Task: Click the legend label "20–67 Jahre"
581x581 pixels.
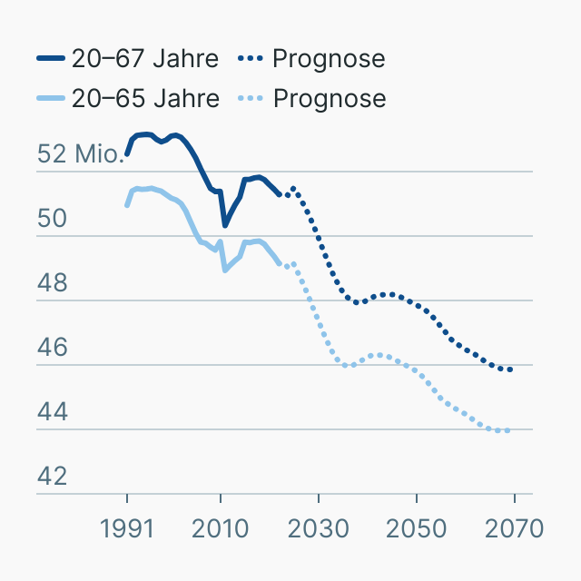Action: pyautogui.click(x=145, y=59)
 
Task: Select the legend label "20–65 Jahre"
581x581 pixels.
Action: pyautogui.click(x=145, y=98)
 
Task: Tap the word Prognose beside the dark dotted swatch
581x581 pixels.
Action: pyautogui.click(x=329, y=59)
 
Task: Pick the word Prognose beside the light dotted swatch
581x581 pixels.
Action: pyautogui.click(x=329, y=98)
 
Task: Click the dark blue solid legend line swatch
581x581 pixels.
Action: pyautogui.click(x=51, y=59)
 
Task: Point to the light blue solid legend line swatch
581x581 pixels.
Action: pyautogui.click(x=51, y=98)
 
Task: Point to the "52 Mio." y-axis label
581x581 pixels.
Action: pyautogui.click(x=80, y=154)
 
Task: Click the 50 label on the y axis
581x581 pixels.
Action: pyautogui.click(x=53, y=219)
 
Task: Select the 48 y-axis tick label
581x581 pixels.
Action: pyautogui.click(x=53, y=283)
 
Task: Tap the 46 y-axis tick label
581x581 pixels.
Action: pyautogui.click(x=53, y=348)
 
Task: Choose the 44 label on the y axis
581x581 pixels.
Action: pyautogui.click(x=53, y=412)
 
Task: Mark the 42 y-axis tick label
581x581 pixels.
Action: pyautogui.click(x=53, y=477)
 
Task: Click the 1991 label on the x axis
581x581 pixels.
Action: pyautogui.click(x=127, y=528)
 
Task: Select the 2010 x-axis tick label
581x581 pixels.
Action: pyautogui.click(x=221, y=528)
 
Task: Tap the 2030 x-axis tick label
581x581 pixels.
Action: pyautogui.click(x=319, y=528)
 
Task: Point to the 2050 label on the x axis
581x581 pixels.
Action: pyautogui.click(x=416, y=528)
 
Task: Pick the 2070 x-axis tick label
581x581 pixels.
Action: pyautogui.click(x=514, y=528)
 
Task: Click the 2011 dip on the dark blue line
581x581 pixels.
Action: pyautogui.click(x=225, y=224)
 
